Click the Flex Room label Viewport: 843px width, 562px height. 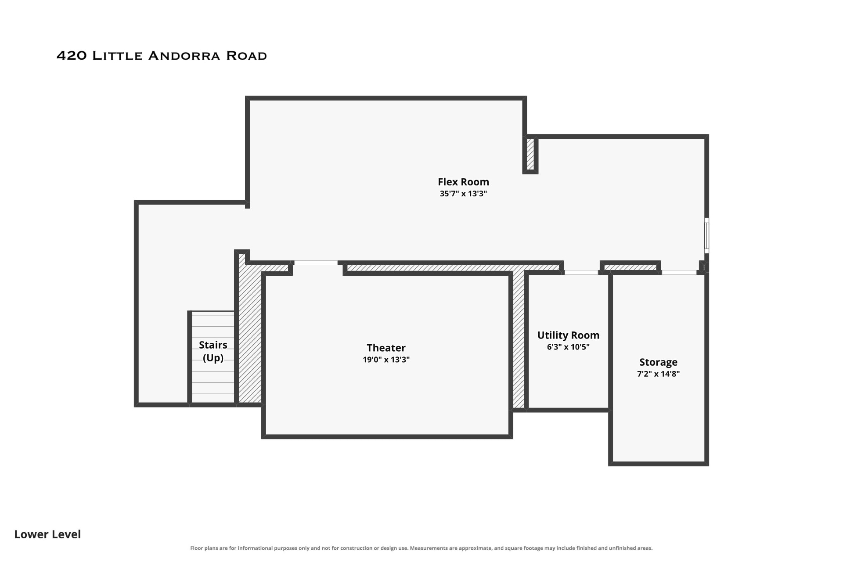463,182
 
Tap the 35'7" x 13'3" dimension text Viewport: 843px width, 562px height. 463,194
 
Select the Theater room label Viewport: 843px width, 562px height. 386,348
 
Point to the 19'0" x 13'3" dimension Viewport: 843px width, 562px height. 386,360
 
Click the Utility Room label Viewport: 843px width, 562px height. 568,335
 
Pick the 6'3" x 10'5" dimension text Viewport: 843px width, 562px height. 568,347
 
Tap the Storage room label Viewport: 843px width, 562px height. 658,362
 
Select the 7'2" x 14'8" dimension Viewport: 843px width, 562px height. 658,374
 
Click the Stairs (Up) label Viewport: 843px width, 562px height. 213,351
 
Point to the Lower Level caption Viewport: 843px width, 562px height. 47,534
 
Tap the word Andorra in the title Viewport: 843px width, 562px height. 184,56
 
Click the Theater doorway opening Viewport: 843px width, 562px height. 316,263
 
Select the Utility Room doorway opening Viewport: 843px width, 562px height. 581,272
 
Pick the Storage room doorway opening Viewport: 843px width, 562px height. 679,272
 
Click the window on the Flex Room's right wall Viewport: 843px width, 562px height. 706,236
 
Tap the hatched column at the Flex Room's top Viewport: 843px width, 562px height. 530,154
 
